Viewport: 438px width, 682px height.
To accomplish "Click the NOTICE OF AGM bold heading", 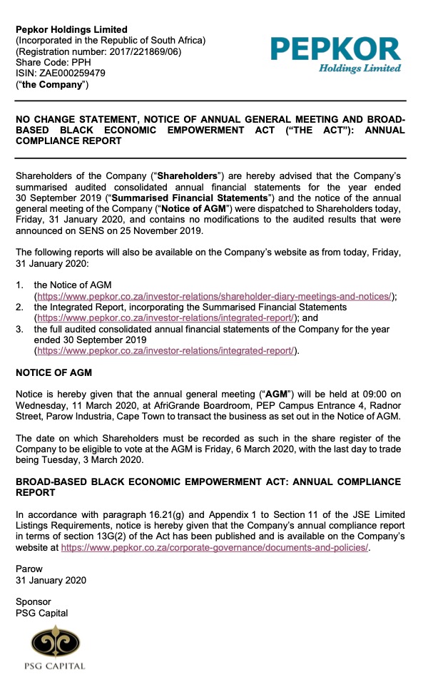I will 54,372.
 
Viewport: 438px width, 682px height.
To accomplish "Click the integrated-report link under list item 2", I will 165,318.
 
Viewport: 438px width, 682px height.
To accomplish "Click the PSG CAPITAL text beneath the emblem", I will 58,666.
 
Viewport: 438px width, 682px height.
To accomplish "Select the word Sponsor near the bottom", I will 34,601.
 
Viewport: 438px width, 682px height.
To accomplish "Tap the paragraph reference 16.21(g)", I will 168,514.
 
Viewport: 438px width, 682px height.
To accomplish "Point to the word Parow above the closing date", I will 29,569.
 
